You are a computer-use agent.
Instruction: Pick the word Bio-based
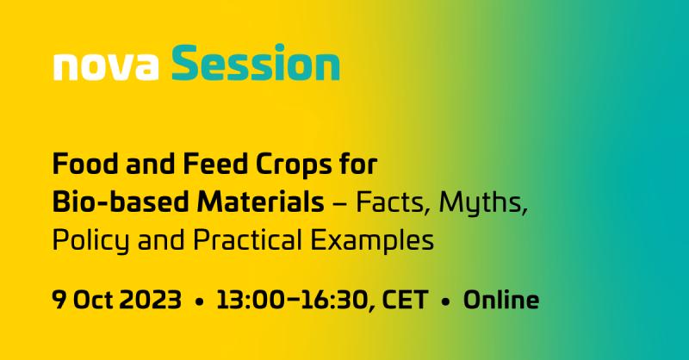[x=113, y=202]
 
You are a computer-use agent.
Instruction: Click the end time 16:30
[x=333, y=301]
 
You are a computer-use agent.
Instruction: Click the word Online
[x=501, y=301]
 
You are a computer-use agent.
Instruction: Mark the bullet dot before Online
[x=446, y=302]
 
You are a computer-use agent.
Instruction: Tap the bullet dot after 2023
[x=200, y=302]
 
